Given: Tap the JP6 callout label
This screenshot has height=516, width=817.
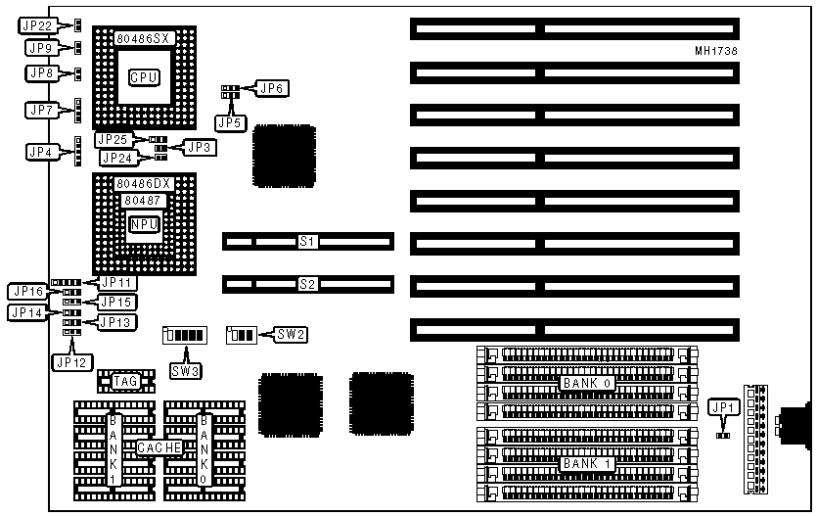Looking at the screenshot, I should click(272, 88).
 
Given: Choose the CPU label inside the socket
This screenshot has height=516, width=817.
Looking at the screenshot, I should click(144, 75).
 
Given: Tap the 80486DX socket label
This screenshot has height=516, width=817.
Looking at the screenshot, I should click(143, 183).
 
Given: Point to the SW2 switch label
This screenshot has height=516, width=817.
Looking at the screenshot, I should click(292, 335).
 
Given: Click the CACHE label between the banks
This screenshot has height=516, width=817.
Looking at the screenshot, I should click(158, 447).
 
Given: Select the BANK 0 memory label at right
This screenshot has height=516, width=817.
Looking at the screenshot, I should click(587, 383).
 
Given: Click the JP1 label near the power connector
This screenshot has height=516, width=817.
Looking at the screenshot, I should click(723, 407).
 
